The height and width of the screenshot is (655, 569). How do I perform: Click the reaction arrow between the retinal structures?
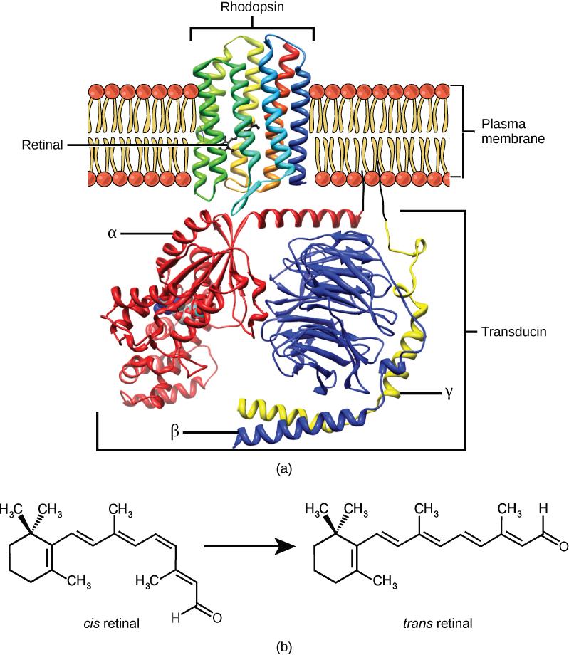(249, 547)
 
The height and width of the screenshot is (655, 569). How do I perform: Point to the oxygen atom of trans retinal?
(563, 547)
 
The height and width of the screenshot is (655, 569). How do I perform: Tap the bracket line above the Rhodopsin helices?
(252, 28)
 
